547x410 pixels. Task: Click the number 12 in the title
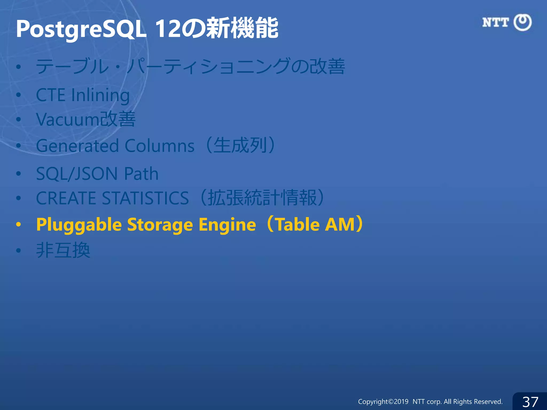tap(168, 29)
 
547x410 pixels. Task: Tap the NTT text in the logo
tap(495, 22)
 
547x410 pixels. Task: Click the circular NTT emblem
tap(522, 22)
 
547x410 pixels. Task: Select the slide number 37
tap(530, 401)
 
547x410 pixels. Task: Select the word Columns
tap(159, 146)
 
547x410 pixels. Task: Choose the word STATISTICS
tap(145, 198)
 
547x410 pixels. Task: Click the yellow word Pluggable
tap(79, 224)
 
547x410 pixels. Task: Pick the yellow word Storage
tap(160, 224)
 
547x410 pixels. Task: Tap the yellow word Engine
tap(227, 224)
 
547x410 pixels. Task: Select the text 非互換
tap(63, 250)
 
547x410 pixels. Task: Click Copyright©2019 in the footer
tap(383, 401)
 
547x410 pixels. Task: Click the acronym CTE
tap(50, 95)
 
